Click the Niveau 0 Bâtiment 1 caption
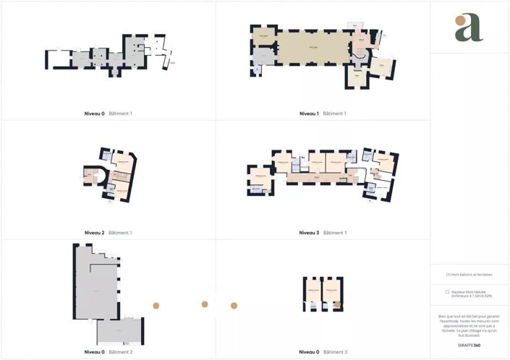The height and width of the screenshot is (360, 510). [108, 113]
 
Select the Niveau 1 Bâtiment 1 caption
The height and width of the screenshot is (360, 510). [323, 113]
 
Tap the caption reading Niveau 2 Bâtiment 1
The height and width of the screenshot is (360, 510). [108, 233]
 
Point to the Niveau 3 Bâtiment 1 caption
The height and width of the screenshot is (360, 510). [323, 233]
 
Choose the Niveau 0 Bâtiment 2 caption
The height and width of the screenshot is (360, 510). [108, 352]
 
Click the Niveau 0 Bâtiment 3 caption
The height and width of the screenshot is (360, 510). [323, 352]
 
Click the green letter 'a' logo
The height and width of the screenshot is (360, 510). [469, 27]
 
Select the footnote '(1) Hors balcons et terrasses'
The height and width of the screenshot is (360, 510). [469, 275]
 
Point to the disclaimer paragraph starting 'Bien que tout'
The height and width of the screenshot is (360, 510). [469, 325]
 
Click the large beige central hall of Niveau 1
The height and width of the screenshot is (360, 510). [313, 48]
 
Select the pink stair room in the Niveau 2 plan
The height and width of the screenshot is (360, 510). [92, 176]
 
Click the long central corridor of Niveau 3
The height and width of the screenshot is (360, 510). [318, 176]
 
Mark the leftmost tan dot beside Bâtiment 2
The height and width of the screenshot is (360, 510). [156, 306]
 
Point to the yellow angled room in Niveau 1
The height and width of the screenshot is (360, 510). [381, 69]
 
